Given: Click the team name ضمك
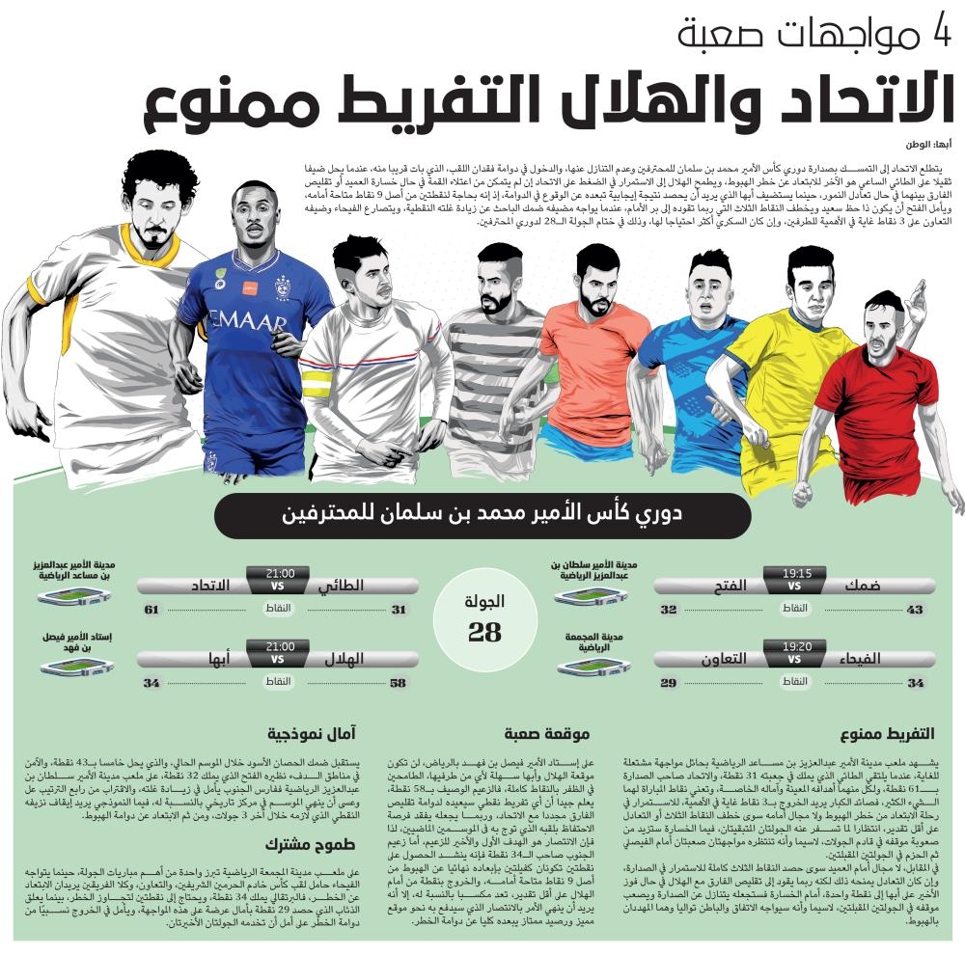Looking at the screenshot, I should coord(862,586).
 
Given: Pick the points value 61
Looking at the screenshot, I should coord(152,610).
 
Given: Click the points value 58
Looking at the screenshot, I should coord(398,683).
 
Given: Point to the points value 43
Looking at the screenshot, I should coord(915,610).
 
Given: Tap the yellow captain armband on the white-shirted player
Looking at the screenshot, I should coord(315,388).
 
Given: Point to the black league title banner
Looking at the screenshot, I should coord(482,514).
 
